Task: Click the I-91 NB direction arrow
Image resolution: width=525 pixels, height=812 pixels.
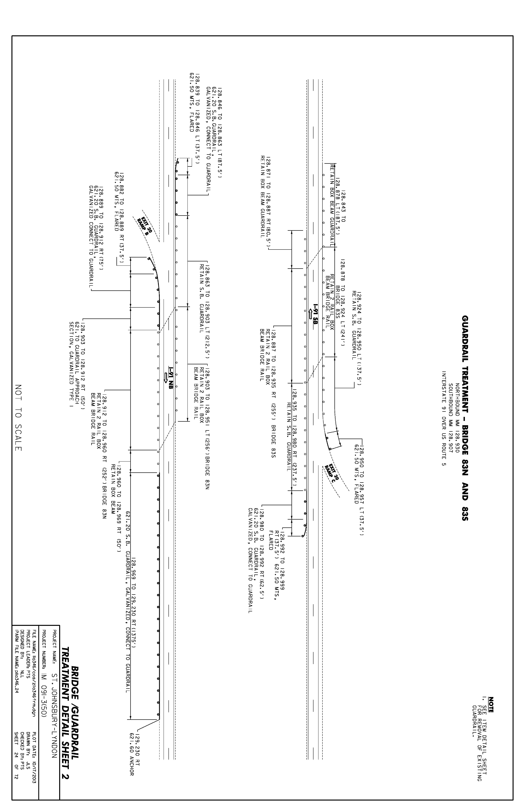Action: tap(166, 377)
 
